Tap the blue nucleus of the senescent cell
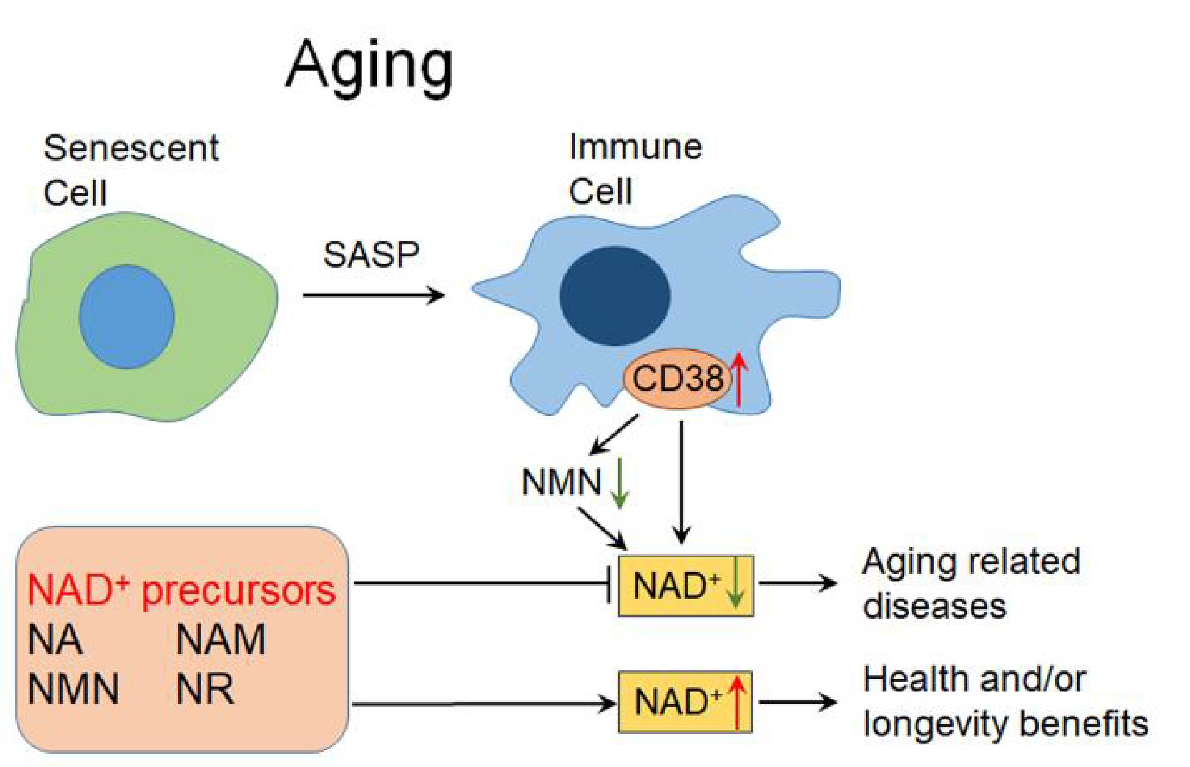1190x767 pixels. (127, 317)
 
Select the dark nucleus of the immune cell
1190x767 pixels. (615, 296)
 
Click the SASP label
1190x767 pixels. (371, 254)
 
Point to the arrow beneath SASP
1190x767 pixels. (373, 295)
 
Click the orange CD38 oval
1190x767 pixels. (677, 378)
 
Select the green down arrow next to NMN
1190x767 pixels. (619, 484)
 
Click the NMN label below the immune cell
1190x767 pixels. (561, 482)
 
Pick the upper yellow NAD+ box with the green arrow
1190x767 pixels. (685, 586)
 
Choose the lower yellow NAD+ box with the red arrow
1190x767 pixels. (685, 702)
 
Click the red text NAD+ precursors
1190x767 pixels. (182, 590)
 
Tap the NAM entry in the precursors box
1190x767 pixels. (221, 640)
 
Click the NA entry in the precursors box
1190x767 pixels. (55, 640)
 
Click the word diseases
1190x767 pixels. (934, 606)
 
